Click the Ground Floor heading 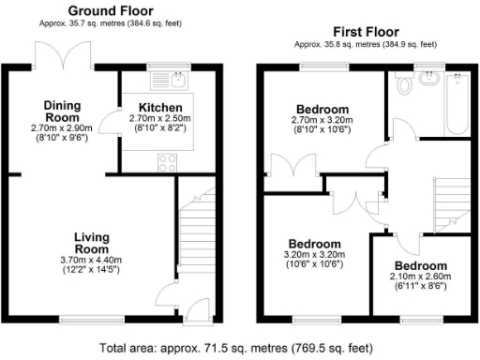tap(111, 11)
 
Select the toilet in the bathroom tap(405, 86)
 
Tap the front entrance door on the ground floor tap(197, 309)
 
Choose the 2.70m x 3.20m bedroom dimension tap(322, 120)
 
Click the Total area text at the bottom tap(239, 346)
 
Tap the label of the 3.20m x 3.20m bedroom tap(315, 242)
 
